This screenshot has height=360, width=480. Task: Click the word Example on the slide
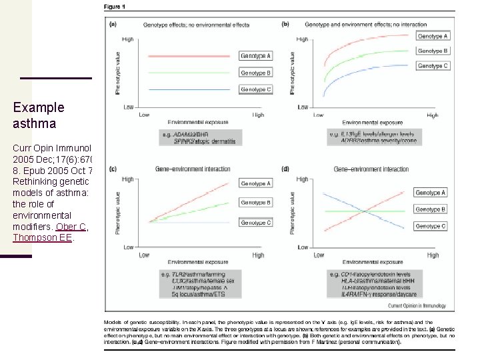pos(39,107)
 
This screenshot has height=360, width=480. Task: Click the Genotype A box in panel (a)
pos(255,57)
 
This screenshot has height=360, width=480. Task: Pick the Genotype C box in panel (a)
pos(255,89)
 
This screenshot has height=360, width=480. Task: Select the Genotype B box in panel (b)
pos(433,51)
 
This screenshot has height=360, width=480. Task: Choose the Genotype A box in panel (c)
pos(255,183)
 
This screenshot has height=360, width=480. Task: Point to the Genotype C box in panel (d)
pos(430,226)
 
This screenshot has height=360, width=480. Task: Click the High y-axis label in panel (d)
pos(302,179)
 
